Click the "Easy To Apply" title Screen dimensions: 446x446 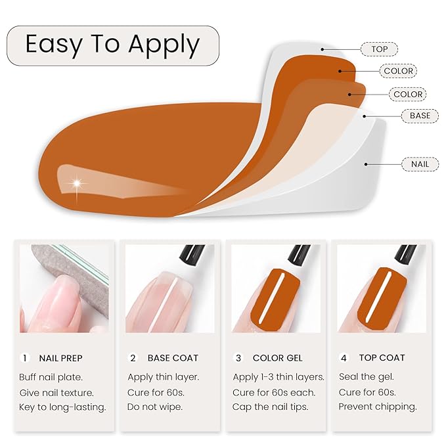[x=112, y=45]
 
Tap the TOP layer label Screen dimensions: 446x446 [x=380, y=49]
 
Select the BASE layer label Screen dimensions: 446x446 [x=420, y=116]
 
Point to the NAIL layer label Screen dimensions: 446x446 [x=420, y=164]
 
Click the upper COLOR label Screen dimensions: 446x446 [x=398, y=71]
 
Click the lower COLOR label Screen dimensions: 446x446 [x=408, y=94]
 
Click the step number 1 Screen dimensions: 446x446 [x=25, y=358]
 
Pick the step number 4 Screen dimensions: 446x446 [x=344, y=358]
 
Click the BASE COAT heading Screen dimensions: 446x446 [x=173, y=358]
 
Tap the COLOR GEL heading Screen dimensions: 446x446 [x=278, y=358]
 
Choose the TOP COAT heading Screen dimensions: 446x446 [x=382, y=358]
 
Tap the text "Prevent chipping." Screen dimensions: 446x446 [x=378, y=407]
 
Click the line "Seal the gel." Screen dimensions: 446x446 [x=365, y=377]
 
